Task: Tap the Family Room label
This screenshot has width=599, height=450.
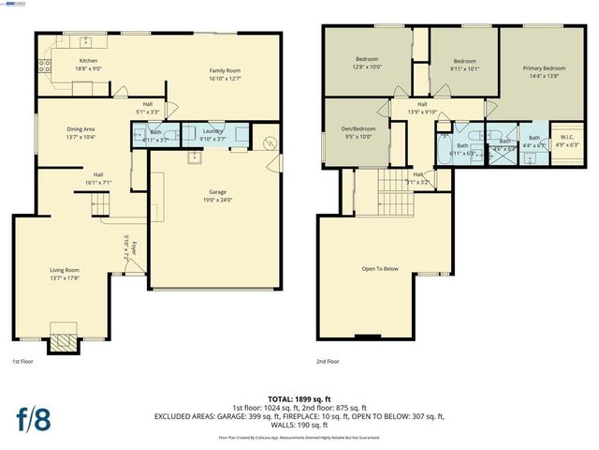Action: (x=225, y=71)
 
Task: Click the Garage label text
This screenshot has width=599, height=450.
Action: (x=217, y=192)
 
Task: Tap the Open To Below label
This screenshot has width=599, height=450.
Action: (x=380, y=269)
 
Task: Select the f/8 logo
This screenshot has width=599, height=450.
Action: (x=34, y=419)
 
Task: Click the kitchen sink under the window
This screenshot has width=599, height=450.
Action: (x=87, y=41)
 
